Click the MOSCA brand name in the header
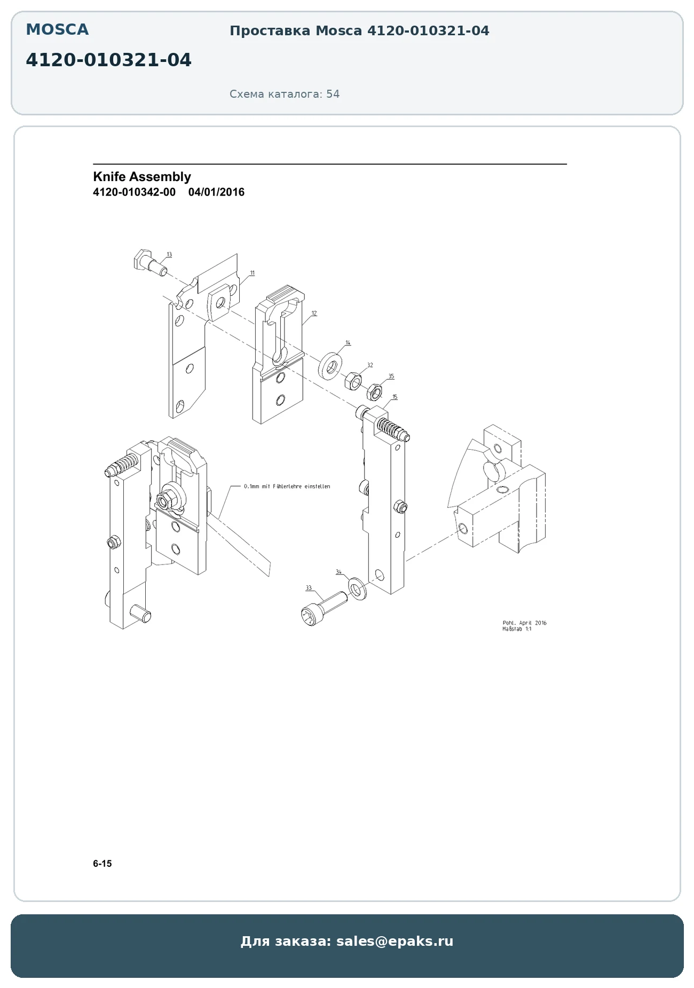pos(57,29)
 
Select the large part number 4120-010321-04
pos(108,60)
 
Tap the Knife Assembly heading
pos(142,177)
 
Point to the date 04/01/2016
pos(216,192)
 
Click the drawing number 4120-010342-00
pos(134,192)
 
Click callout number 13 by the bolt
pos(169,254)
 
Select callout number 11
pos(253,273)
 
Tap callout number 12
pos(314,313)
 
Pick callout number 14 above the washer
pos(348,342)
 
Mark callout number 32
pos(370,365)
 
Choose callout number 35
pos(391,377)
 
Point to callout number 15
pos(395,397)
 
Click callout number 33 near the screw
pos(309,588)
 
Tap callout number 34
pos(338,572)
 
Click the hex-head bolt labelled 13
pos(149,262)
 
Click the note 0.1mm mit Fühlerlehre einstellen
pos(287,487)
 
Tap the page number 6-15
pos(102,864)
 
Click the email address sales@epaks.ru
pos(395,941)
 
